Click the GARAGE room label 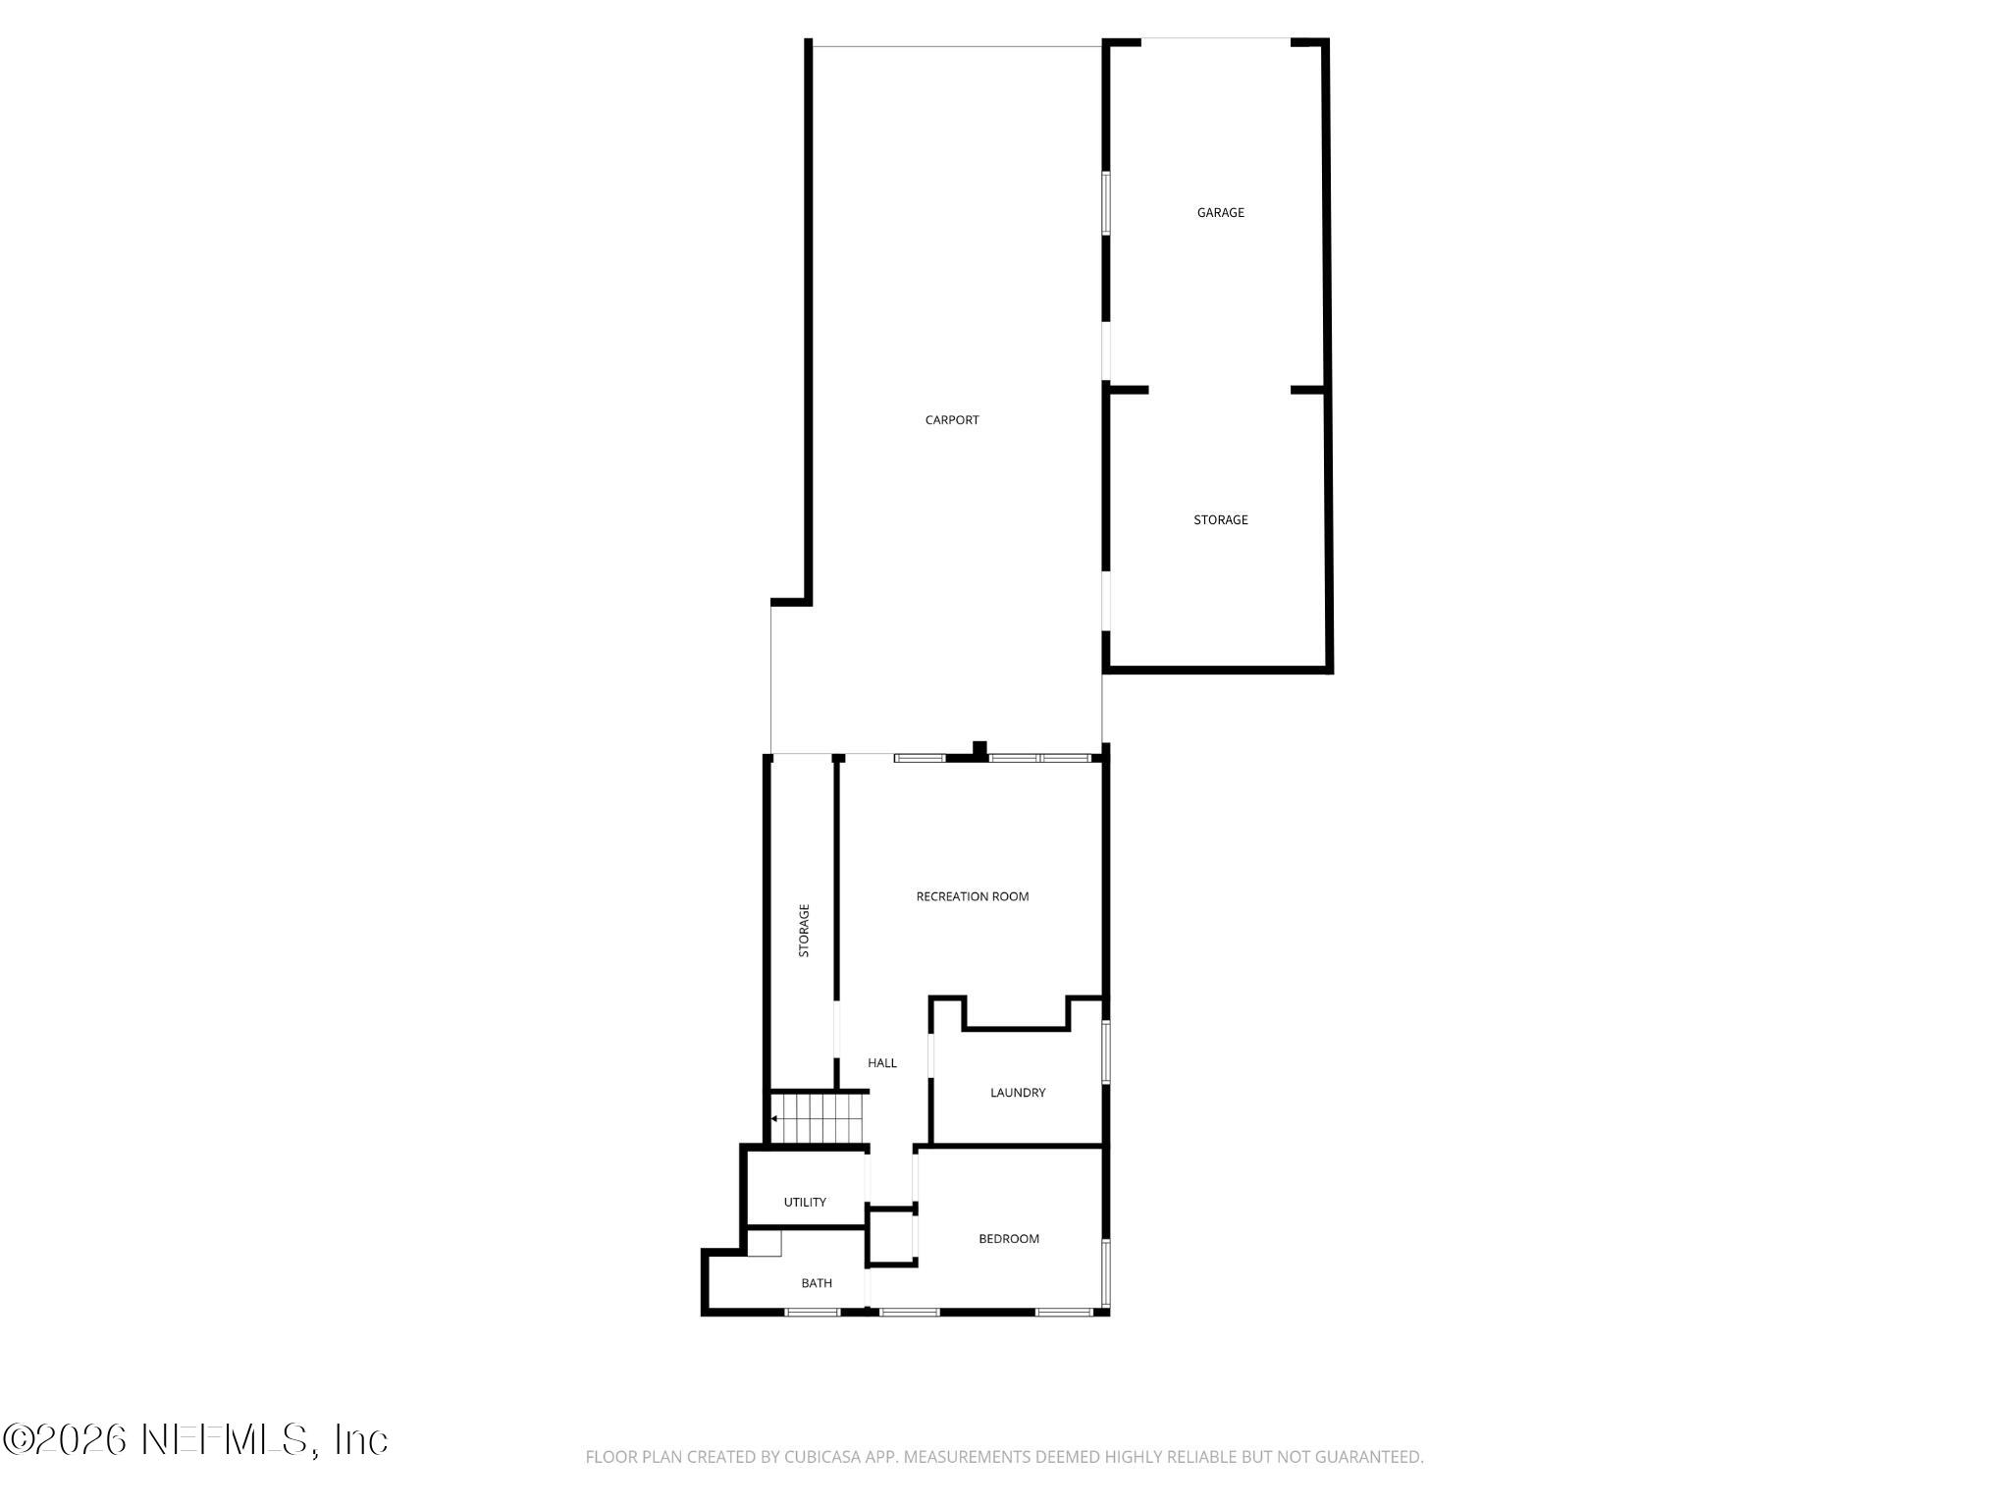1220,212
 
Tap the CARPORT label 952,420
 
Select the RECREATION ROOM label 972,896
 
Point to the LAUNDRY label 1018,1093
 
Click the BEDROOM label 1008,1239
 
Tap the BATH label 816,1283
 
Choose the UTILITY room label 805,1203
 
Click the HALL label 881,1063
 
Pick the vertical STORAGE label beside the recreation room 804,931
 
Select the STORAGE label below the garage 1220,520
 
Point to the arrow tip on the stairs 773,1118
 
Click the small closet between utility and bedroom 891,1237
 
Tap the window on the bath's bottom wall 812,1312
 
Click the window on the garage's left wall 1106,203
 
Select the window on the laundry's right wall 1106,1051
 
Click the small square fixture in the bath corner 764,1243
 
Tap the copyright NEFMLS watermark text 195,1439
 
